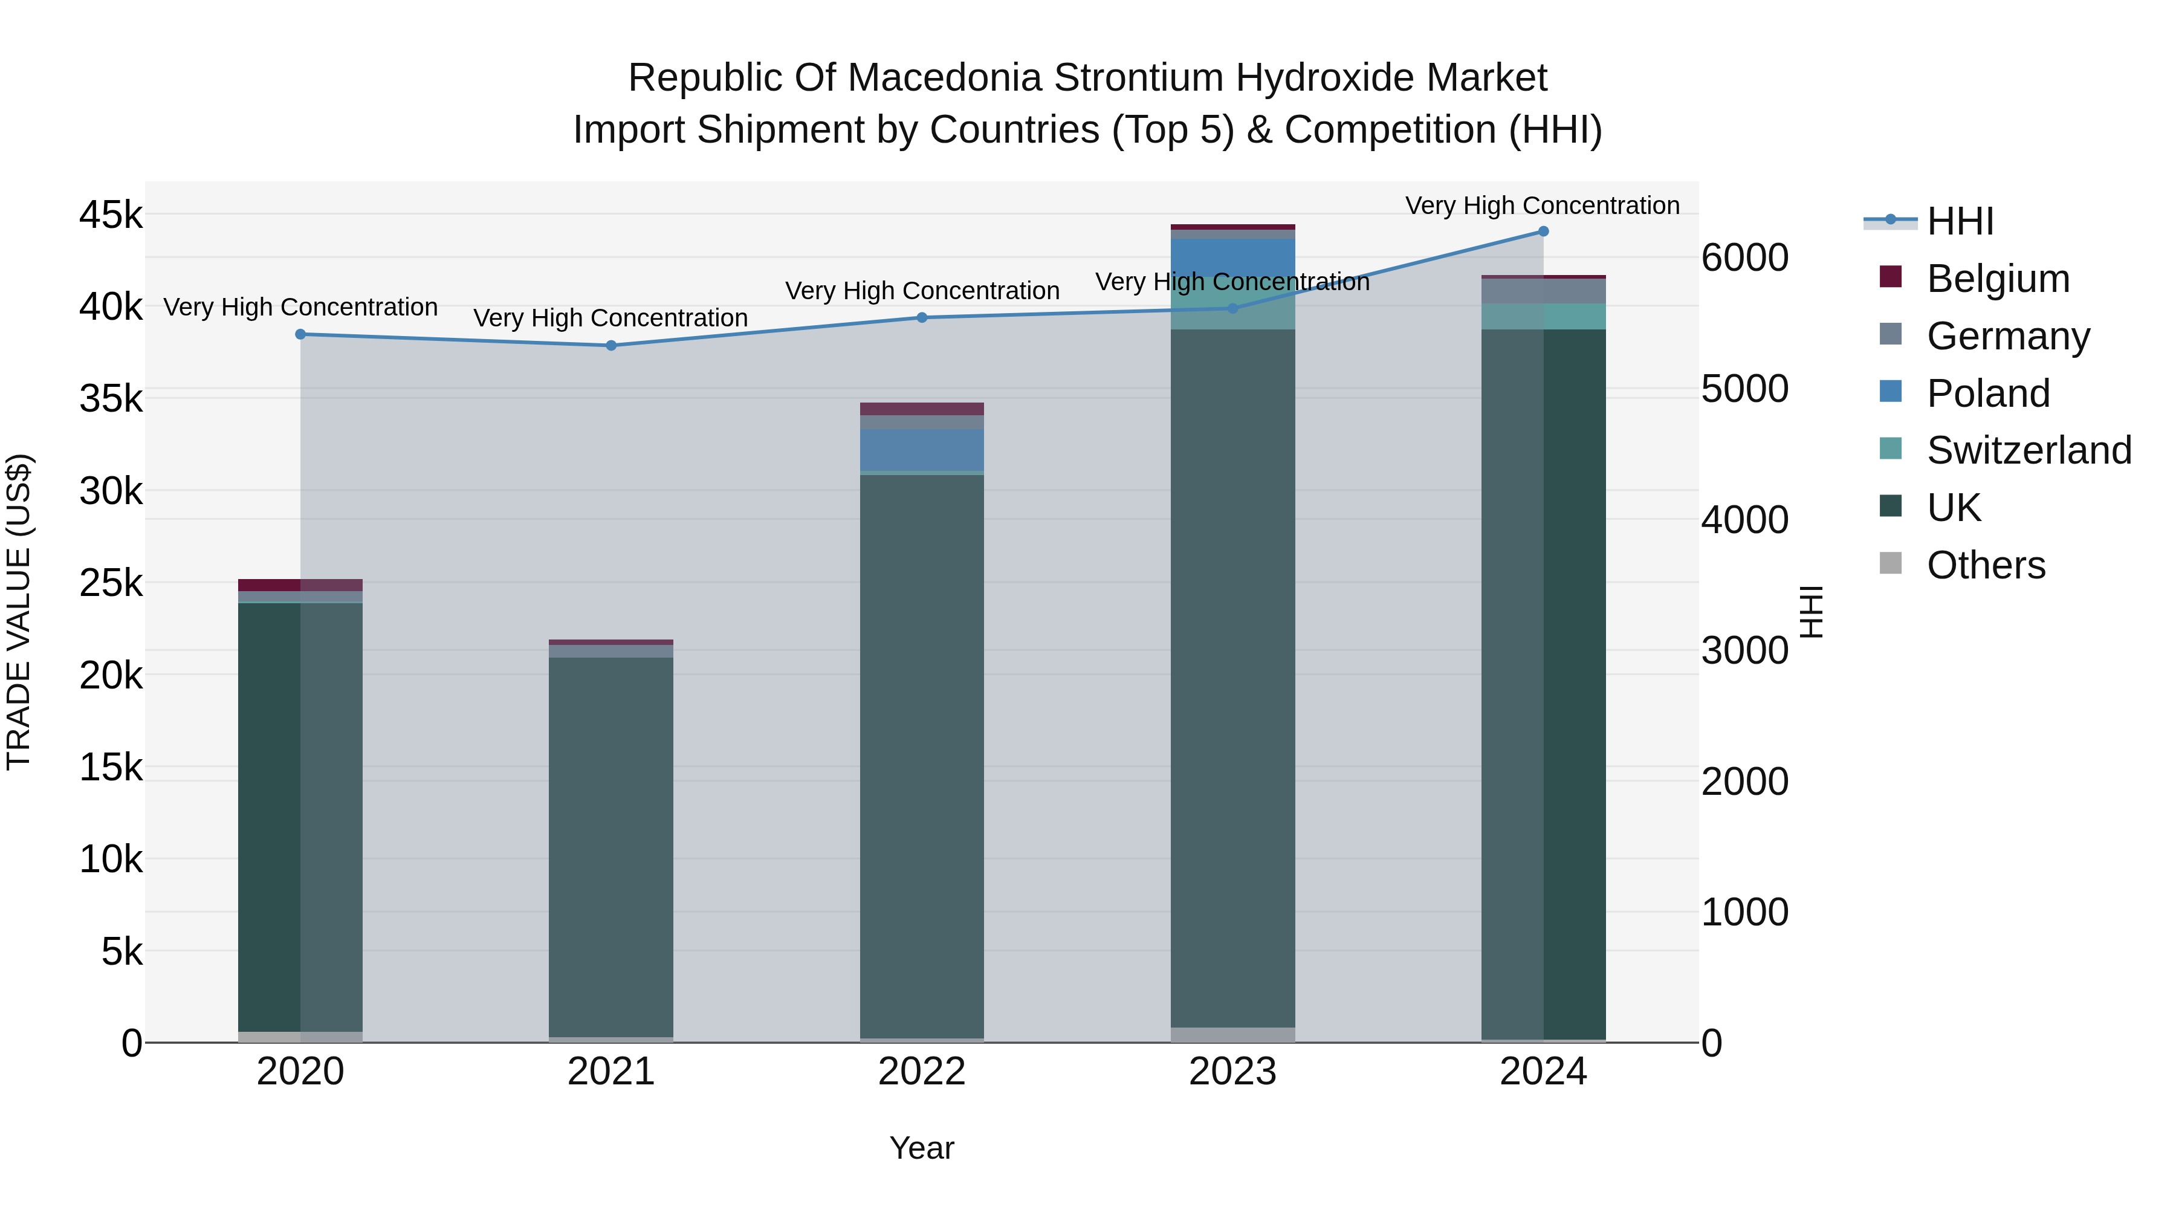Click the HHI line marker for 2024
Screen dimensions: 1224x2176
point(1543,232)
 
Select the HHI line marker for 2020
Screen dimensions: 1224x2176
point(301,334)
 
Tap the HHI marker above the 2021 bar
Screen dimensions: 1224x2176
point(610,346)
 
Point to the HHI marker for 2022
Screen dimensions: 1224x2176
point(922,317)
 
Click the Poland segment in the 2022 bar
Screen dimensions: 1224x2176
point(922,449)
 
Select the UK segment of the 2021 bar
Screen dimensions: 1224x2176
point(610,845)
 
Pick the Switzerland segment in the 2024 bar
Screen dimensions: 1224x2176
point(1543,317)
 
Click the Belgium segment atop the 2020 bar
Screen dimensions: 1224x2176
point(301,584)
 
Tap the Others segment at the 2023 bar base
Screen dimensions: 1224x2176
point(1232,1035)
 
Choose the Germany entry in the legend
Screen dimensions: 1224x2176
point(2007,336)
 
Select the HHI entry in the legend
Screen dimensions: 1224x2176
point(1960,221)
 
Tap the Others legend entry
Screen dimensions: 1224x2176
point(1985,565)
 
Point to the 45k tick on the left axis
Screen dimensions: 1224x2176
point(111,215)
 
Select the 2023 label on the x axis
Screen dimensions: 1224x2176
point(1232,1072)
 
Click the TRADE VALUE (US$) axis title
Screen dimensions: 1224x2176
point(19,612)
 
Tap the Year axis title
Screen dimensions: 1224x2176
point(922,1148)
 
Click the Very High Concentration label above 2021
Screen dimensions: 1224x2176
point(610,319)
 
